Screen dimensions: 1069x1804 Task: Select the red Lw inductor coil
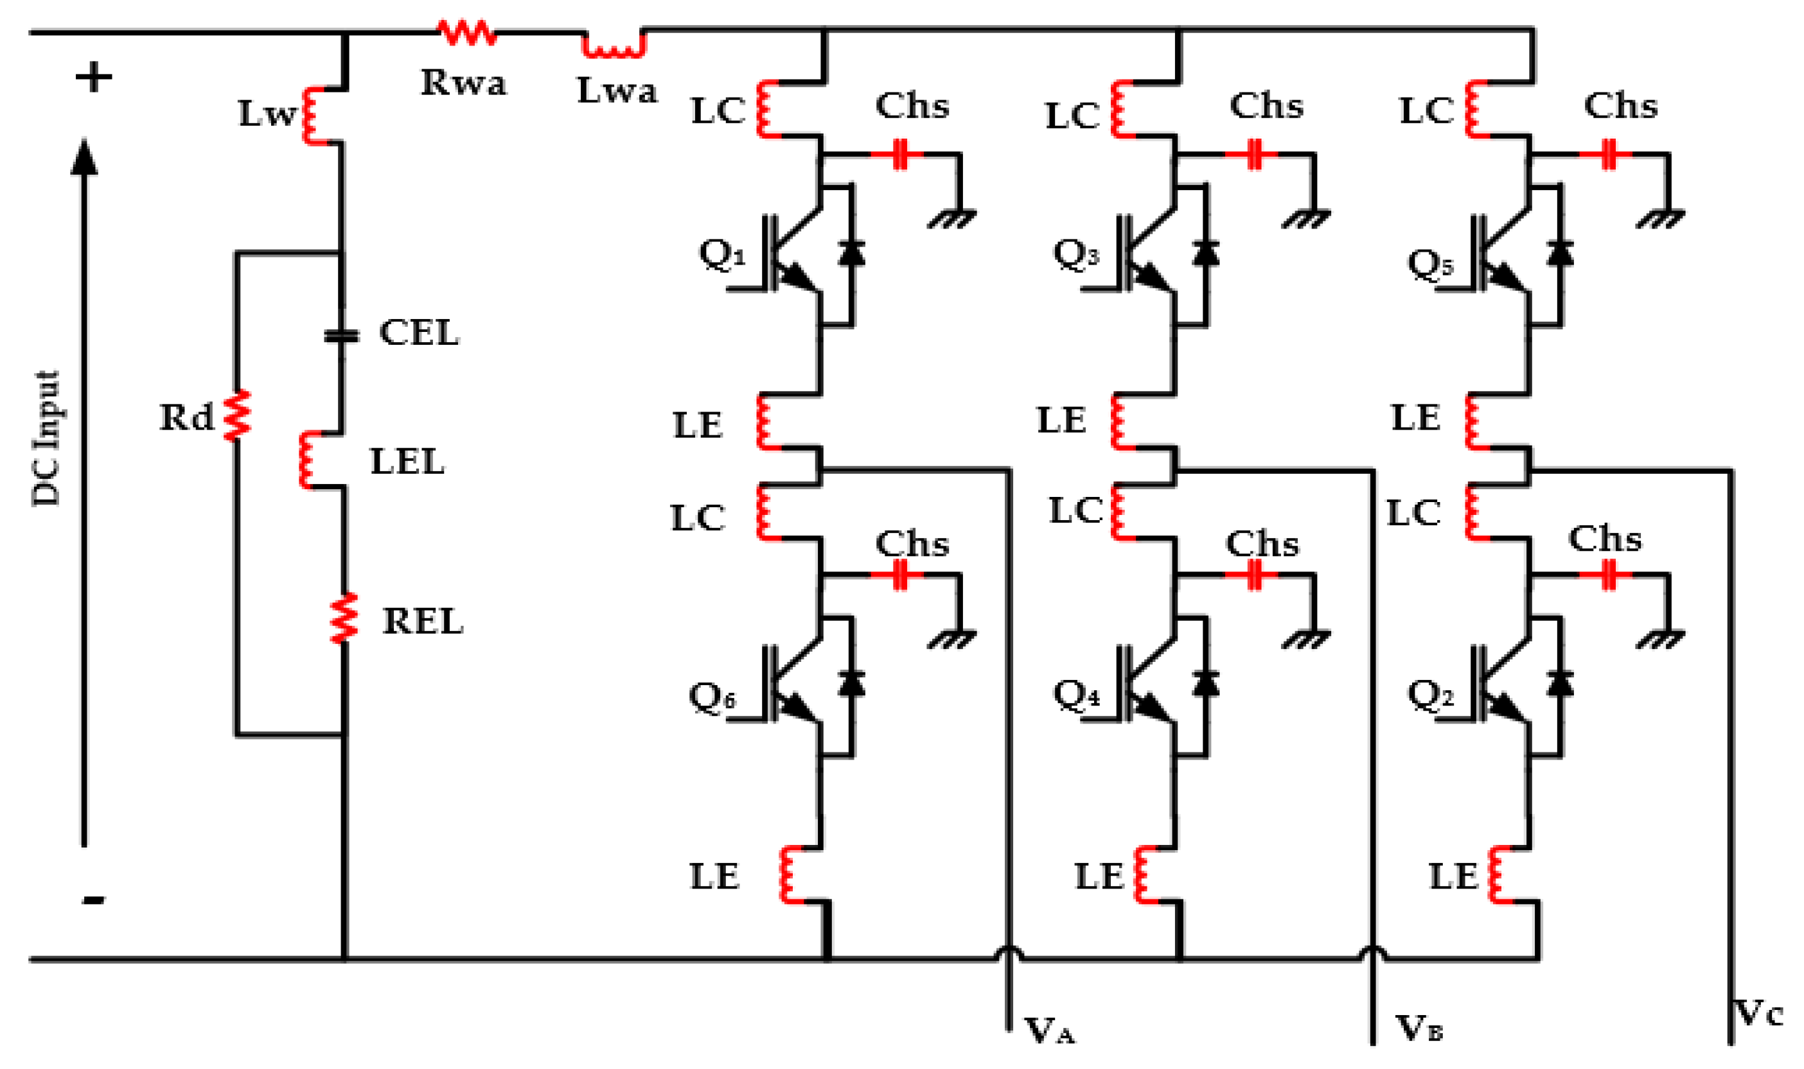click(x=312, y=116)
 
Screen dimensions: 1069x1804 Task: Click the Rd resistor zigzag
click(x=236, y=415)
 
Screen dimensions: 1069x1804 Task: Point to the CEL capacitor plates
click(x=341, y=336)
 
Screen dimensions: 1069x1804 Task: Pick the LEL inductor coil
click(x=308, y=460)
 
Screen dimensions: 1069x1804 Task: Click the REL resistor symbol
click(x=344, y=618)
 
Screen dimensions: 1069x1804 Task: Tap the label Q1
click(x=722, y=254)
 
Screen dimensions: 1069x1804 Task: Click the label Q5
click(x=1430, y=264)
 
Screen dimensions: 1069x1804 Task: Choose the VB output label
click(x=1419, y=1029)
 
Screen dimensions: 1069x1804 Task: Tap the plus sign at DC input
click(x=94, y=77)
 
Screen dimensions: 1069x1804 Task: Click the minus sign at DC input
click(x=94, y=900)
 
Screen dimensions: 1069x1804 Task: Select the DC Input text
click(x=47, y=439)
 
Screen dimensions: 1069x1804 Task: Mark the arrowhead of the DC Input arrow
click(x=84, y=157)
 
